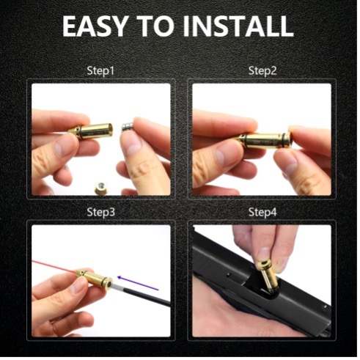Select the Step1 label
point(100,71)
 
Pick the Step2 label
point(262,71)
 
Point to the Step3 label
point(100,212)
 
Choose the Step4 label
point(262,212)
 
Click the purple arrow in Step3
point(138,283)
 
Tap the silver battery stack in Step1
point(128,128)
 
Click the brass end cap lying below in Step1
point(100,188)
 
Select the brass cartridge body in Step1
point(91,131)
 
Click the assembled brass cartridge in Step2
point(264,141)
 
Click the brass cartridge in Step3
point(94,278)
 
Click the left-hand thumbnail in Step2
point(223,155)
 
